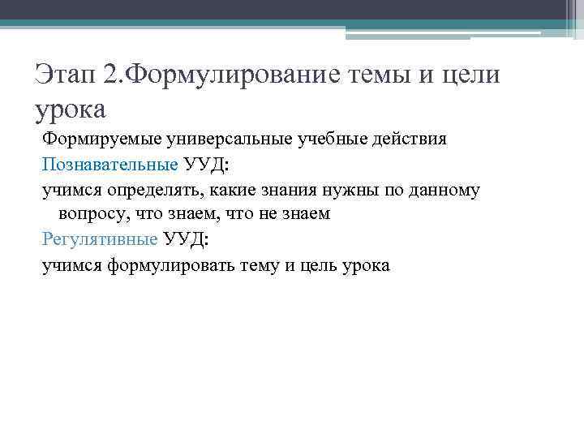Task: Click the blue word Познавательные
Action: pos(110,165)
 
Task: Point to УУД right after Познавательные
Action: pos(206,165)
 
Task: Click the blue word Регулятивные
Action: pos(100,240)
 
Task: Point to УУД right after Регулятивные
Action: pos(186,240)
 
